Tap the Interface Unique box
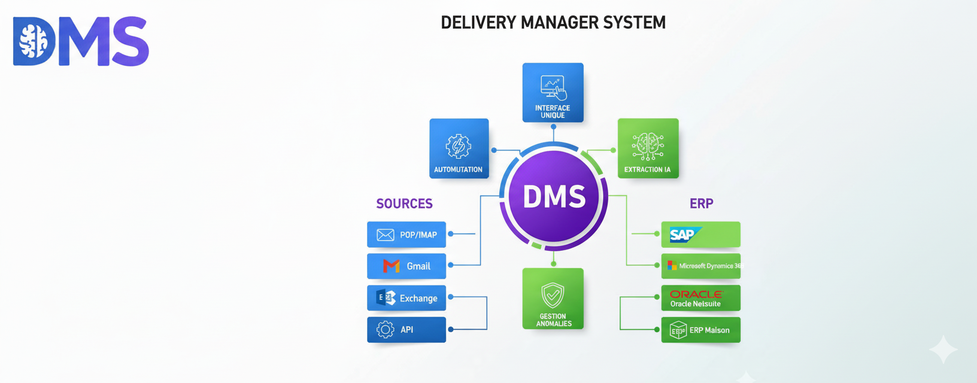[553, 93]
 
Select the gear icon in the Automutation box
[459, 145]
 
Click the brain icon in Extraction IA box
[648, 146]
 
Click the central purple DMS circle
[554, 196]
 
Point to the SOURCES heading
[404, 203]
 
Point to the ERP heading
[701, 203]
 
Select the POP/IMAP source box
[406, 235]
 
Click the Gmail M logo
[392, 266]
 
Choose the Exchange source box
[406, 298]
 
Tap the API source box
[406, 330]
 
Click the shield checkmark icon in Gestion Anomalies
[553, 295]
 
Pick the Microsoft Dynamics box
[700, 266]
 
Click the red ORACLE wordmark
[696, 294]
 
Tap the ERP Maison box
[700, 330]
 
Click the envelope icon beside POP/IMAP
[385, 235]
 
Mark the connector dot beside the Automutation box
[494, 150]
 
